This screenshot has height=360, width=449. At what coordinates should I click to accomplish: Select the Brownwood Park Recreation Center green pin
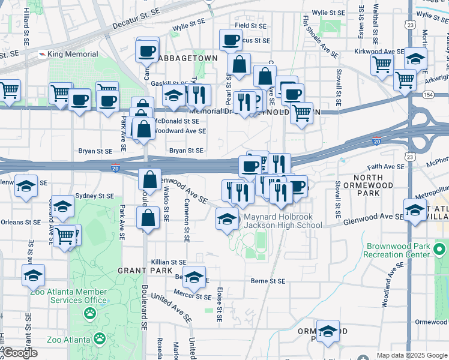[x=441, y=248]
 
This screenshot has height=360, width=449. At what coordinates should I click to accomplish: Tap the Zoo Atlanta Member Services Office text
[x=70, y=296]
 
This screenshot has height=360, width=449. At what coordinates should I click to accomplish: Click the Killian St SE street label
[x=169, y=262]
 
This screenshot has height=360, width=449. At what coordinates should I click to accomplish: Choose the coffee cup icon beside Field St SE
[x=231, y=40]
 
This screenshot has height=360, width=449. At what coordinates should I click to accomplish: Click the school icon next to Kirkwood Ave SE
[x=415, y=59]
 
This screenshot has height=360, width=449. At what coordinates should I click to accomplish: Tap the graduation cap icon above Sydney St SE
[x=26, y=186]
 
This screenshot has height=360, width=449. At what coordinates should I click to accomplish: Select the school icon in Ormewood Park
[x=328, y=331]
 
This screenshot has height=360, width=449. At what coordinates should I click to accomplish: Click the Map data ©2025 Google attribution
[x=412, y=355]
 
